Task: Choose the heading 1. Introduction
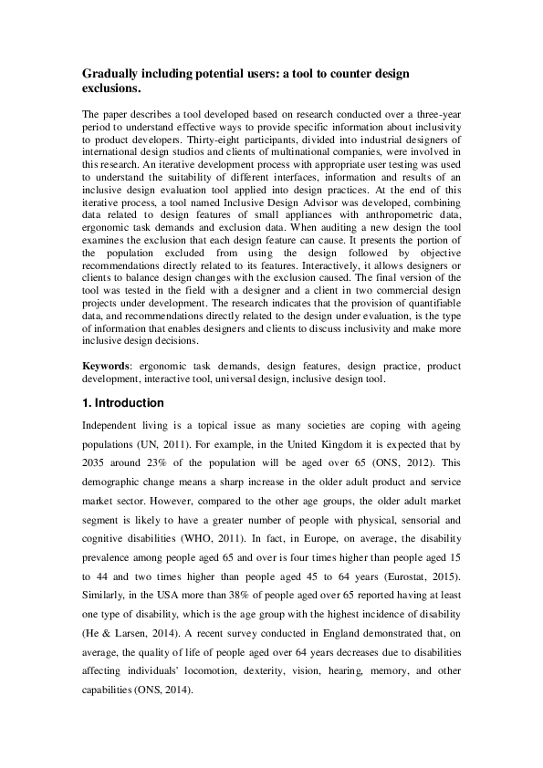tap(123, 403)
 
